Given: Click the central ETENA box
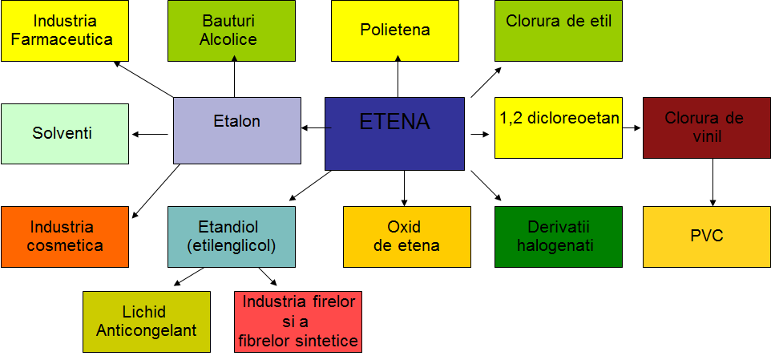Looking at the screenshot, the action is coord(394,134).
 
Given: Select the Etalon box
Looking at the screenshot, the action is coord(237,131).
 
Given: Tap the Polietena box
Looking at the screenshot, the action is coord(395,30).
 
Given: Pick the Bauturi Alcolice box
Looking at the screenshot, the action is coord(232,30).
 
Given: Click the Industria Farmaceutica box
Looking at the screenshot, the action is coord(65,30).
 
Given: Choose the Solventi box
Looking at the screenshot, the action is coord(65,134).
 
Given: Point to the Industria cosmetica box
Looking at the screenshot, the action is coord(65,237).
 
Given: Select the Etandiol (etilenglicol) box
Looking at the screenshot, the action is coord(232,237).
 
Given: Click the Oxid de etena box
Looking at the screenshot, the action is coord(406,237).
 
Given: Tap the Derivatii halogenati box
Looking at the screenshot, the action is coord(559,237).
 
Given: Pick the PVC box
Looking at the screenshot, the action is coord(707,237).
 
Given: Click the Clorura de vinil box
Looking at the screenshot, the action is coord(707,127).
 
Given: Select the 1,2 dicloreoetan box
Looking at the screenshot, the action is coord(559,127).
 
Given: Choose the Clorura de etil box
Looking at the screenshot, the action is coord(559,30).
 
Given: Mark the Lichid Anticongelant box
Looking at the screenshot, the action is coord(147,322).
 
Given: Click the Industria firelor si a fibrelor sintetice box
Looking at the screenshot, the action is coord(298,322).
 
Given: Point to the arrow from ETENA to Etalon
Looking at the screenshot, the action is coord(316,128).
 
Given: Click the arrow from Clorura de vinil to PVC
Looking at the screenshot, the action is coord(712,182).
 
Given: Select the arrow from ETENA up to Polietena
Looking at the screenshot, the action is coord(398,76).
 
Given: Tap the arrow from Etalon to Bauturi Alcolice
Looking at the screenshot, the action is coord(235,76).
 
